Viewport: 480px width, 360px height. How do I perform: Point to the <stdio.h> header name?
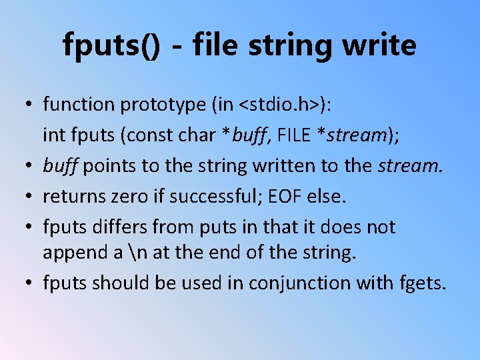click(284, 105)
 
